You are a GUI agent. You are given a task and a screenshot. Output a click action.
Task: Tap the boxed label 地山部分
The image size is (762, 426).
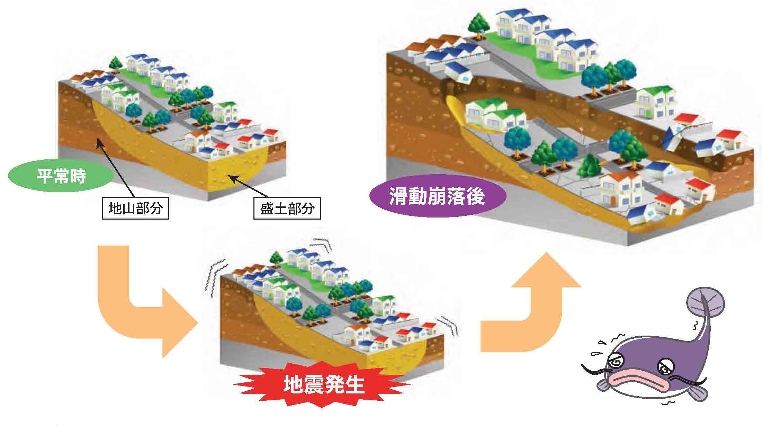click(135, 208)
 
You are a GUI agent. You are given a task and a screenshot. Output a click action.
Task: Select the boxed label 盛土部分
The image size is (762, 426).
click(287, 208)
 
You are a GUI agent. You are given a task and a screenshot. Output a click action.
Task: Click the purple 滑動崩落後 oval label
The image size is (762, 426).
click(437, 197)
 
